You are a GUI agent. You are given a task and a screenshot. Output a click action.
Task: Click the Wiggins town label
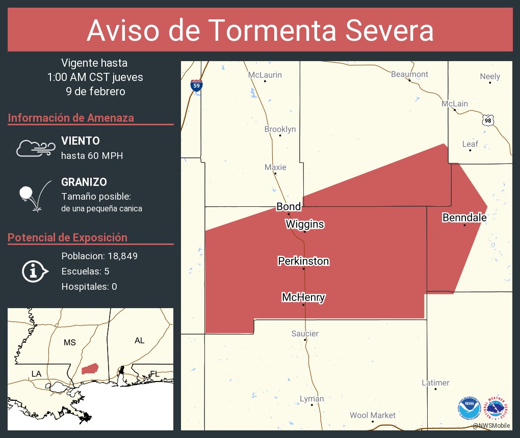pyautogui.click(x=304, y=224)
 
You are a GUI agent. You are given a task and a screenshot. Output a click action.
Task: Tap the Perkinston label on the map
pyautogui.click(x=303, y=261)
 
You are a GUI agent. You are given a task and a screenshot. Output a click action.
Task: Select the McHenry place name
pyautogui.click(x=303, y=297)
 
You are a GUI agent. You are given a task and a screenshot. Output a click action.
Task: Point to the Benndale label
pyautogui.click(x=464, y=218)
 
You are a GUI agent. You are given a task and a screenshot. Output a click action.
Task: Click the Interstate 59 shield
pyautogui.click(x=196, y=85)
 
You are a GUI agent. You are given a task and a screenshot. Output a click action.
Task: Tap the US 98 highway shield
pyautogui.click(x=488, y=120)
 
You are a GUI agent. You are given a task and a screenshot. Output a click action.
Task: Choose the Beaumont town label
pyautogui.click(x=409, y=74)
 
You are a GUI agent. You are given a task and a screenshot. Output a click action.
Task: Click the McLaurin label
pyautogui.click(x=265, y=75)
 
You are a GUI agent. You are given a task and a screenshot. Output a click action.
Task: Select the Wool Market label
pyautogui.click(x=372, y=415)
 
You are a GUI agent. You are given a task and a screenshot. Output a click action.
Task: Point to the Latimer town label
pyautogui.click(x=435, y=382)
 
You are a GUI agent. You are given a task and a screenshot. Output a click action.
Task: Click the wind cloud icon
pyautogui.click(x=35, y=148)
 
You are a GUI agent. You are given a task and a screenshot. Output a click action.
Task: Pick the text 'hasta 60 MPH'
pyautogui.click(x=92, y=156)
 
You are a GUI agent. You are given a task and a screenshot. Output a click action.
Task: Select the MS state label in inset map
pyautogui.click(x=70, y=342)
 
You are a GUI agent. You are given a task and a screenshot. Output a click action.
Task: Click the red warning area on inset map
pyautogui.click(x=90, y=369)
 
